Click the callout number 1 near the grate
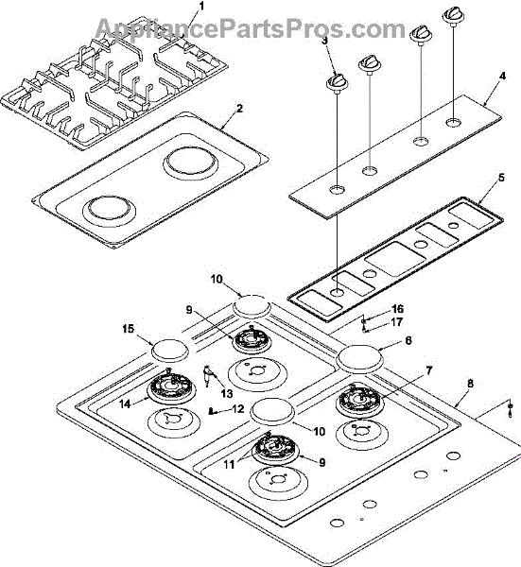tap(201, 7)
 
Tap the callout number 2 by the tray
tap(239, 108)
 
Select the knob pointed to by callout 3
tap(338, 82)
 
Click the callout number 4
tap(501, 77)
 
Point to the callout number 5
tap(501, 178)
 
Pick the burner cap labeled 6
tap(359, 359)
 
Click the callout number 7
tap(428, 371)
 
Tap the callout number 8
tap(470, 384)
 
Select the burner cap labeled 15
tap(169, 350)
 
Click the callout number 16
tap(397, 309)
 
